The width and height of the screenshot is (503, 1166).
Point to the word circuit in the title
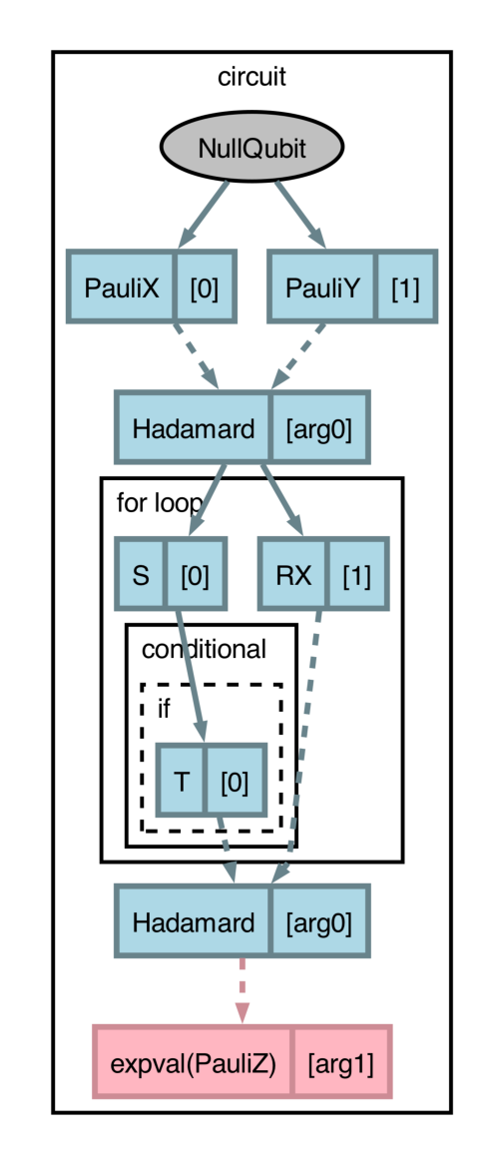[x=251, y=77]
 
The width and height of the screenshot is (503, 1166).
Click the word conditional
[x=204, y=650]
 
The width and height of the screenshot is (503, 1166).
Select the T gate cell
[x=182, y=780]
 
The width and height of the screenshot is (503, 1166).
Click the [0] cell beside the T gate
[x=235, y=780]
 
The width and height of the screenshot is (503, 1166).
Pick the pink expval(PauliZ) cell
[x=193, y=1062]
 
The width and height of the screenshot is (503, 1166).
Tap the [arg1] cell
[x=340, y=1062]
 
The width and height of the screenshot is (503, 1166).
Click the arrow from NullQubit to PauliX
[x=204, y=214]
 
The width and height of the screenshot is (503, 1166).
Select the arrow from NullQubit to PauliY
[x=299, y=214]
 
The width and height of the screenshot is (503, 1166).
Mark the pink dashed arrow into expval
[x=242, y=990]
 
